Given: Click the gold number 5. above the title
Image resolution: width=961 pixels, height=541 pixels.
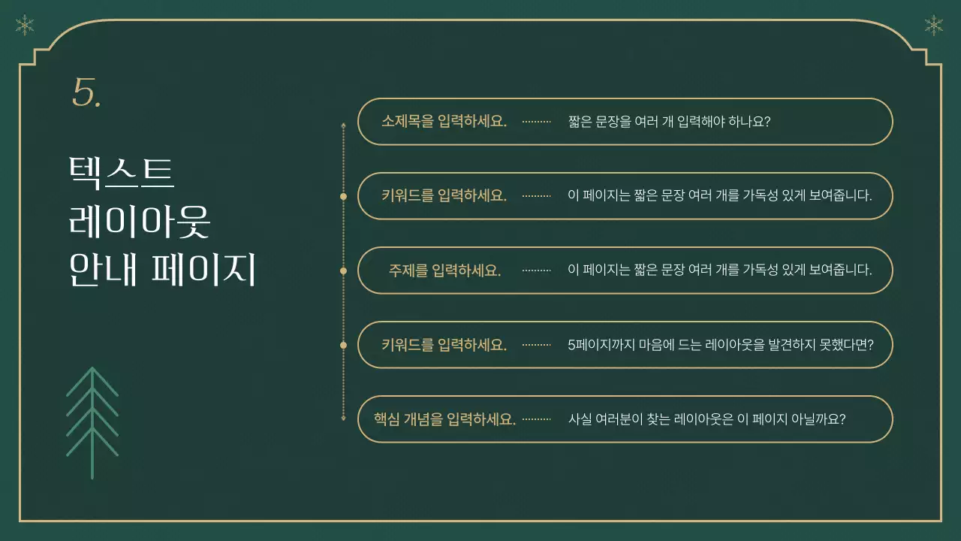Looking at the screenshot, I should pyautogui.click(x=86, y=93).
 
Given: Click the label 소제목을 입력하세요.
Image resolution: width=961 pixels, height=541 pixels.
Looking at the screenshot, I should pyautogui.click(x=444, y=122).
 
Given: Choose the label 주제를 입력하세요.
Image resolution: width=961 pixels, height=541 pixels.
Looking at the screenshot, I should pyautogui.click(x=444, y=270).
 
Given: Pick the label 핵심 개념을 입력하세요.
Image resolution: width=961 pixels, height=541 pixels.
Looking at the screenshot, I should pyautogui.click(x=444, y=419).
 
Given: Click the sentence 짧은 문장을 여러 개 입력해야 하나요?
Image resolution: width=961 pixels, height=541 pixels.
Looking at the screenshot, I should pyautogui.click(x=670, y=122).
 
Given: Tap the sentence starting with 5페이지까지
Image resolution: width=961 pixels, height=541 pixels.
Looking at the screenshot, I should pyautogui.click(x=720, y=345).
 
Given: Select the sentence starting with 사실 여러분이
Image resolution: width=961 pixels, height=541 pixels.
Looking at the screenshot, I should pyautogui.click(x=707, y=419).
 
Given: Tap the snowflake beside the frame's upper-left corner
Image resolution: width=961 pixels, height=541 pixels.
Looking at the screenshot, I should pyautogui.click(x=25, y=26).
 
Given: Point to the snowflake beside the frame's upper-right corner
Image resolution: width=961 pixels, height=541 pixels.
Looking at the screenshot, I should pyautogui.click(x=933, y=26).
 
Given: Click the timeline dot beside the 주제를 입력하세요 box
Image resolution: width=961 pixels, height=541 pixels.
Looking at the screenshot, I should pyautogui.click(x=343, y=270).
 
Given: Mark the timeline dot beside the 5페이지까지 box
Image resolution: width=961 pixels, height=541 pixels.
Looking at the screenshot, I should pyautogui.click(x=343, y=345).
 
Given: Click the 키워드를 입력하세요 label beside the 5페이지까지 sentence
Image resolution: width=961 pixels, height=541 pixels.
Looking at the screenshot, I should pyautogui.click(x=444, y=345).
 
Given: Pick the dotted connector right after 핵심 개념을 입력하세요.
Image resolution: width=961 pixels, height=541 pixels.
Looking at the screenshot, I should pyautogui.click(x=536, y=419).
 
